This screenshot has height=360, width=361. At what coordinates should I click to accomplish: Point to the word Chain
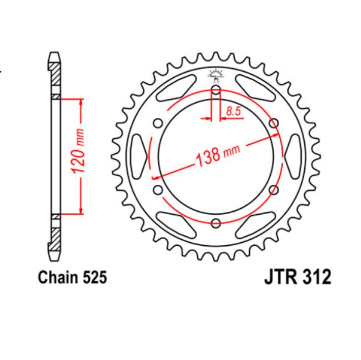pyautogui.click(x=56, y=277)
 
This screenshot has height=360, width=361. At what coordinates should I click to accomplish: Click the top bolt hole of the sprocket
pyautogui.click(x=216, y=90)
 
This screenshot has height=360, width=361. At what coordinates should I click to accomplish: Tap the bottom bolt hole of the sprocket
pyautogui.click(x=216, y=222)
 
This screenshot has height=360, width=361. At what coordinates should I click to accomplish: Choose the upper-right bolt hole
pyautogui.click(x=275, y=123)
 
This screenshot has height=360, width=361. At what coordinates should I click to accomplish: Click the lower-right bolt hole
pyautogui.click(x=275, y=190)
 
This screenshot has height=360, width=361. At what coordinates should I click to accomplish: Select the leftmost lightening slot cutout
pyautogui.click(x=139, y=156)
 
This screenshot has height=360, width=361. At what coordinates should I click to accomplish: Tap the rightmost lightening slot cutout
pyautogui.click(x=293, y=156)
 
